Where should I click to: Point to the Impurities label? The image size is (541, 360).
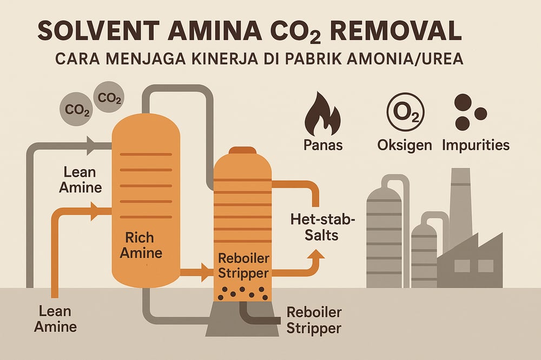[x=476, y=145]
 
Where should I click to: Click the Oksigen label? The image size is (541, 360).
[x=405, y=145]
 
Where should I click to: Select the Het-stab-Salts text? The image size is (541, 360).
[x=314, y=227]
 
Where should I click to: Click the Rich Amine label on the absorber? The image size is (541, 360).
[x=140, y=245]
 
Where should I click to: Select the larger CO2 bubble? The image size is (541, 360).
[x=75, y=110]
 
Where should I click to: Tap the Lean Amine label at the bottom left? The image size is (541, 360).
[x=55, y=319]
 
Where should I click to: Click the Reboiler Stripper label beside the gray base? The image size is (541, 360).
[x=314, y=320]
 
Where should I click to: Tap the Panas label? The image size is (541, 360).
[x=323, y=145]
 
